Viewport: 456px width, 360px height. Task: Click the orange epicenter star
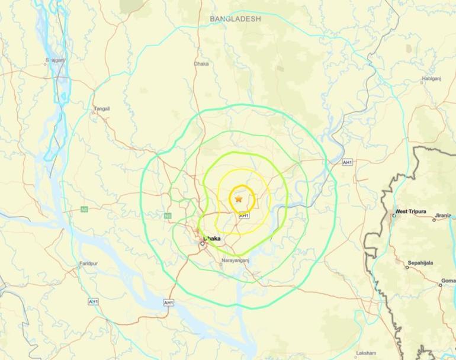click(x=239, y=200)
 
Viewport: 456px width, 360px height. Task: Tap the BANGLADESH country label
click(x=235, y=19)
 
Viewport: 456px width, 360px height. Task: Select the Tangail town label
click(x=102, y=108)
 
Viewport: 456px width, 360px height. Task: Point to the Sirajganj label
click(x=55, y=61)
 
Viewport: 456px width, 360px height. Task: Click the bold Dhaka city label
click(x=212, y=239)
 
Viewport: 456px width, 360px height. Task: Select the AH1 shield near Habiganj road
click(x=347, y=162)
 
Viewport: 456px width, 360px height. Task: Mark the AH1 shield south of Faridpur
click(x=94, y=301)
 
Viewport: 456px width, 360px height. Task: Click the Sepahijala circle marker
click(x=407, y=267)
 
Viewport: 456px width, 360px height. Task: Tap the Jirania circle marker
click(x=433, y=220)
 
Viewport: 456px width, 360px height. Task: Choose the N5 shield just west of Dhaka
click(x=168, y=216)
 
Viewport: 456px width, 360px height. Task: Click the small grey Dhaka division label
click(x=201, y=64)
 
